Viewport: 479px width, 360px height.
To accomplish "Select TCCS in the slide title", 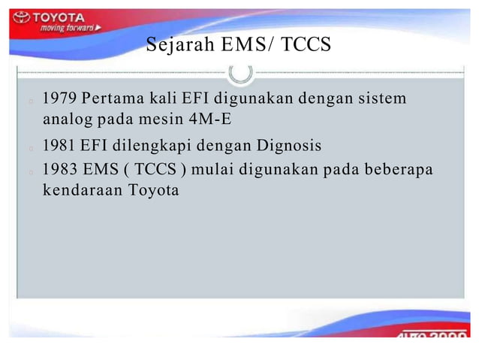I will point(304,46).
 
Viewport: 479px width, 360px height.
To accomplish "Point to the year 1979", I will point(60,98).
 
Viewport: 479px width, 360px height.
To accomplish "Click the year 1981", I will point(60,145).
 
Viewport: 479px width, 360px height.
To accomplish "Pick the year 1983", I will point(60,168).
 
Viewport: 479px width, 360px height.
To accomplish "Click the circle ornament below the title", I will point(240,72).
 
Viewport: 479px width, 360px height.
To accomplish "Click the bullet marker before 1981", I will point(28,147).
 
